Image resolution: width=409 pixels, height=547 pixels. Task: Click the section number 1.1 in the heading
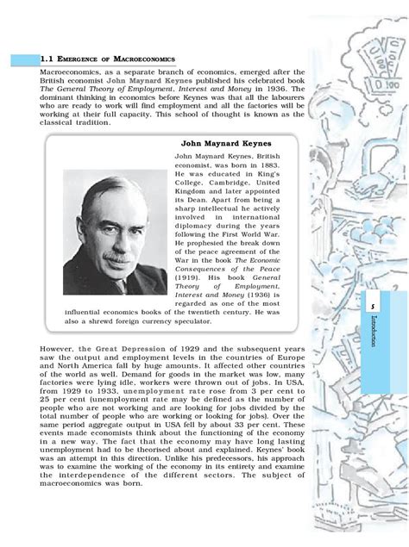[47, 59]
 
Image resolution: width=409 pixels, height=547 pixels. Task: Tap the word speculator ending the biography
[186, 320]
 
